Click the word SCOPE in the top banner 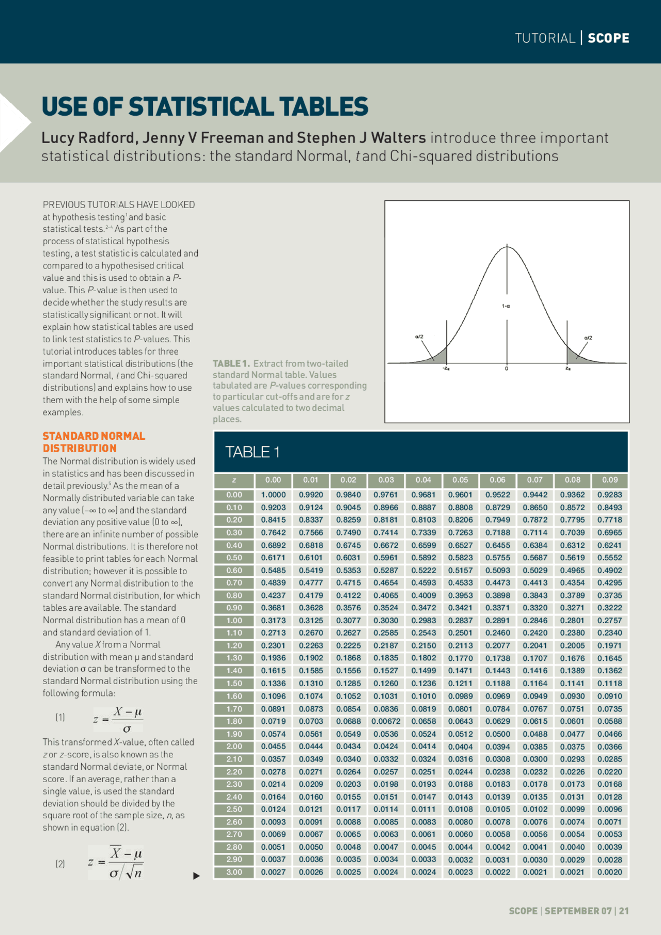point(608,38)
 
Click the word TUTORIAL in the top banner point(545,38)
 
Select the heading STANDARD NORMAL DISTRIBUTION point(93,442)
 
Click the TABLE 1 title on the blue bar point(253,452)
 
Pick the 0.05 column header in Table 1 point(460,480)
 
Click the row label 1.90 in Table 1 point(234,734)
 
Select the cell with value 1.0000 point(273,495)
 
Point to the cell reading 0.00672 point(386,721)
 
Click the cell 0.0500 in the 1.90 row point(497,734)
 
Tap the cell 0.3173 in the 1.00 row point(273,620)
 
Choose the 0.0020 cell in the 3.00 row point(609,872)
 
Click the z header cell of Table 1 point(234,480)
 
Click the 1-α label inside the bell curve point(506,306)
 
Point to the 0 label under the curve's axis point(507,369)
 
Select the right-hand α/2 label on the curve point(588,338)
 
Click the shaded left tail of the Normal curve point(439,357)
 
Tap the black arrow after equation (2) point(196,876)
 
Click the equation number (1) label point(60,717)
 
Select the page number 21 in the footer point(624,911)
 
